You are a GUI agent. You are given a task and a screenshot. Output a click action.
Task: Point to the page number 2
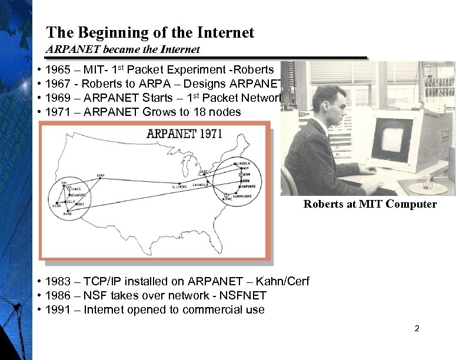[417, 328]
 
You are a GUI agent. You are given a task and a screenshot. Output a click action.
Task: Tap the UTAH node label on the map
[101, 175]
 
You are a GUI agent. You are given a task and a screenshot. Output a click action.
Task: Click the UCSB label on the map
[56, 206]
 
